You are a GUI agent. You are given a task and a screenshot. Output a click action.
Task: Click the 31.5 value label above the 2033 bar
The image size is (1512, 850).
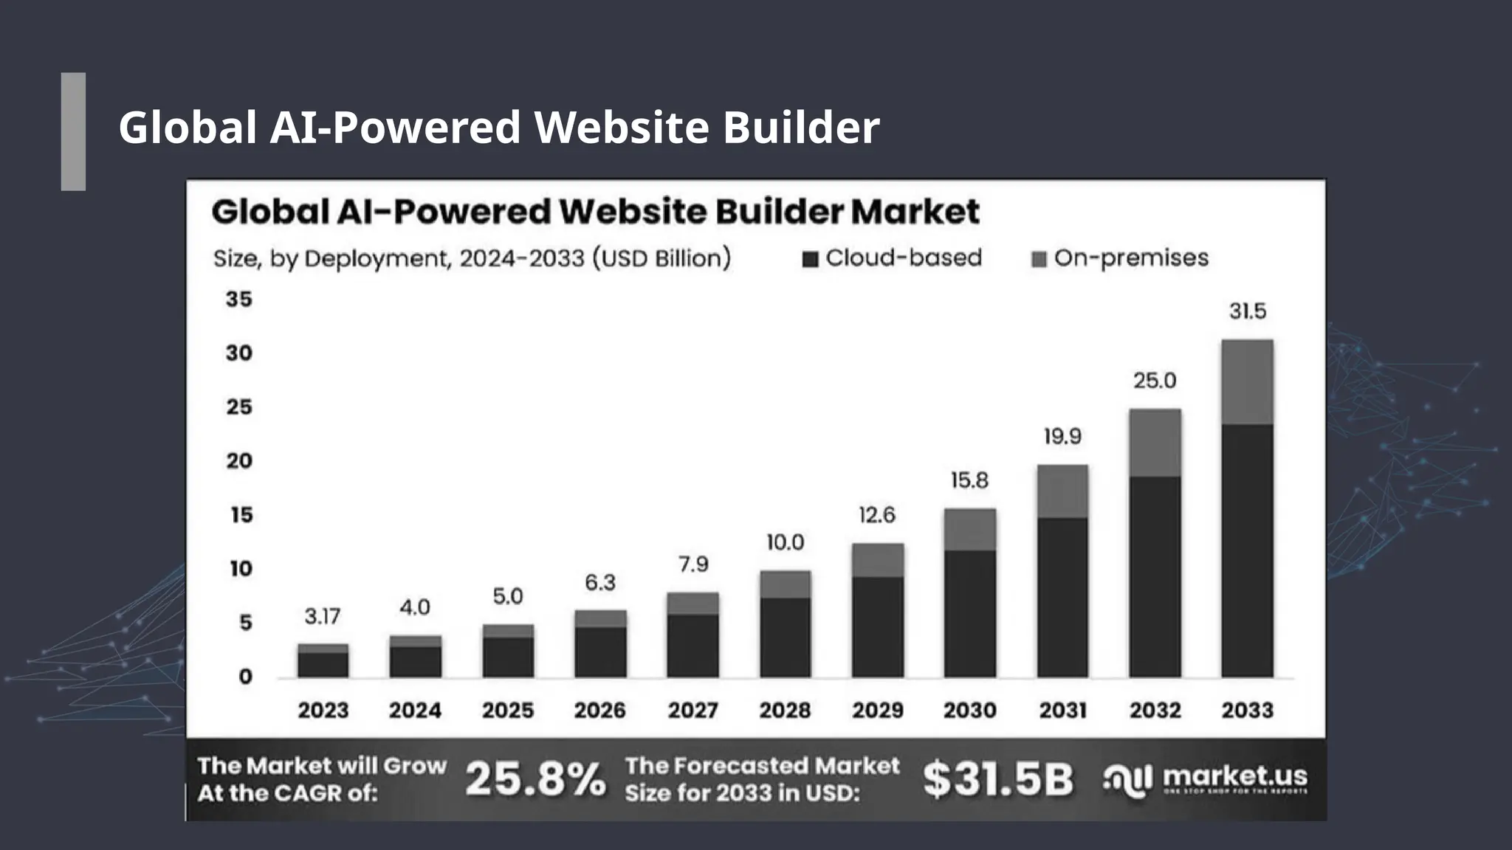coord(1247,311)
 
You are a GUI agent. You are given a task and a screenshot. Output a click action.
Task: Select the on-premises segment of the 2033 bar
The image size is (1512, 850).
coord(1247,382)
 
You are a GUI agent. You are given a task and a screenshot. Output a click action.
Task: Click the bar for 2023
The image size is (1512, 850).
coord(323,662)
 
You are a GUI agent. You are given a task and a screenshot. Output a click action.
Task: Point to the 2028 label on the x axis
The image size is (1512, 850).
coord(785,710)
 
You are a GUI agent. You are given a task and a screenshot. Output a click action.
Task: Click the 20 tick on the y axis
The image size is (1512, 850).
coord(238,461)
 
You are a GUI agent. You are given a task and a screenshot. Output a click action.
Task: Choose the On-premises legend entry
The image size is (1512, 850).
coord(1120,258)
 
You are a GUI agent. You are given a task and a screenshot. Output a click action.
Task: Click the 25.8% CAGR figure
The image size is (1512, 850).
coord(535,779)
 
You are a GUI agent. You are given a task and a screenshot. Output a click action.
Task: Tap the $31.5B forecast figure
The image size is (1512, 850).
coord(997,779)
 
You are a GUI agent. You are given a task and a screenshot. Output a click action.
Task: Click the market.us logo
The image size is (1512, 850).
coord(1205,779)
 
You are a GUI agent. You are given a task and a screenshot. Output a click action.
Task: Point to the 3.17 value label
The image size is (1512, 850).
coord(323,616)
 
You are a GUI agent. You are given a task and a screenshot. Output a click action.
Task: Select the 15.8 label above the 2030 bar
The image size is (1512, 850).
coord(969,481)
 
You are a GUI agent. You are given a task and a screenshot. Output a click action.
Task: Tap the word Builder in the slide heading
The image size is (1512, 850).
coord(801,127)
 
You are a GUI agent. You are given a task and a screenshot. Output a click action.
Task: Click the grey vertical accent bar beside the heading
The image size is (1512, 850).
coord(73,131)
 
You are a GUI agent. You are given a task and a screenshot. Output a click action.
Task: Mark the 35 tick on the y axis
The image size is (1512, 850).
coord(238,300)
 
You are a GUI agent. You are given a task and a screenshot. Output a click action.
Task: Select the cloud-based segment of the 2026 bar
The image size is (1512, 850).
coord(600,652)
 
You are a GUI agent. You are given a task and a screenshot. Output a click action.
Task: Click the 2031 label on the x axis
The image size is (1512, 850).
coord(1062,710)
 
